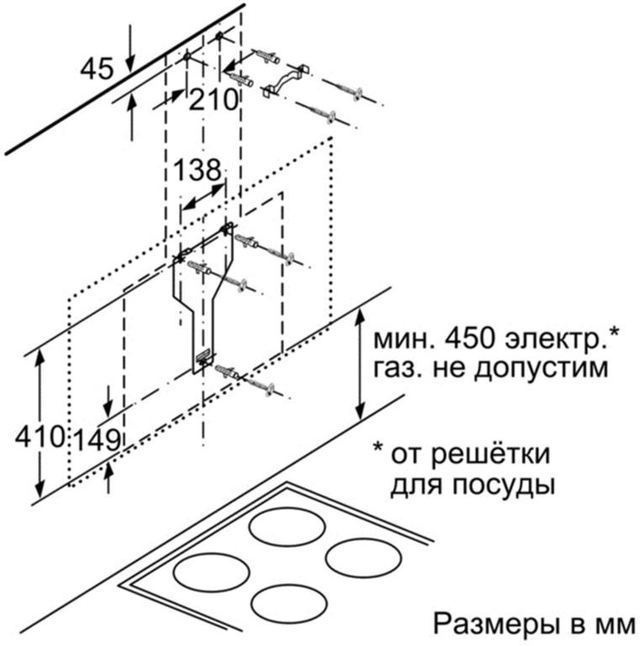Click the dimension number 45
[97, 69]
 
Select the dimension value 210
[214, 100]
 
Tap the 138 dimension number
[198, 170]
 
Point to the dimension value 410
[40, 437]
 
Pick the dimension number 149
[98, 440]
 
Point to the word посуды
[502, 485]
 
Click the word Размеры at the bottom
[500, 625]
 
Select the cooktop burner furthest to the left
[212, 573]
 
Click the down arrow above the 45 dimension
[130, 49]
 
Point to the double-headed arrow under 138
[204, 197]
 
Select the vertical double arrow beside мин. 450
[360, 364]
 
